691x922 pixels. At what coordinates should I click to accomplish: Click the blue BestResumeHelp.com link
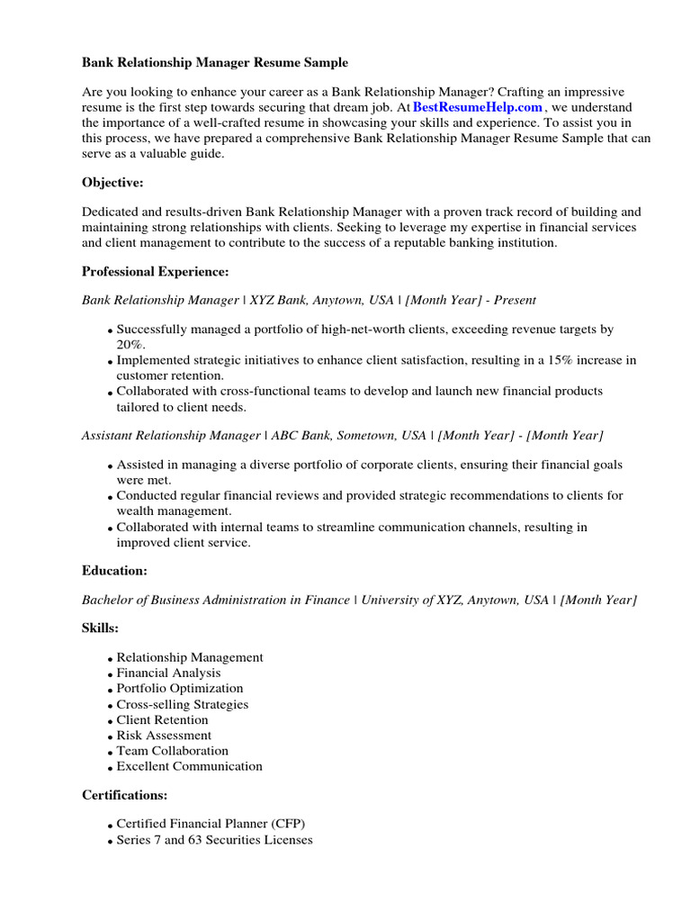tap(478, 108)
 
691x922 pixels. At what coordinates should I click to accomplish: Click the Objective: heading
tap(112, 183)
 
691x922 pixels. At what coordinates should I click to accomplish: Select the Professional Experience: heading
tap(155, 271)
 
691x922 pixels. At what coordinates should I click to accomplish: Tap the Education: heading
tap(114, 571)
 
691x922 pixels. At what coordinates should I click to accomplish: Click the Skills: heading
tap(100, 628)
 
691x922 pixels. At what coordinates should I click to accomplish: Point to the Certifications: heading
tap(124, 795)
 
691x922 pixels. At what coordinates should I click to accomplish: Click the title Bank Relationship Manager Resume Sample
tap(214, 63)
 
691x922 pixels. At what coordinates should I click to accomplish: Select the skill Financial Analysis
tap(168, 673)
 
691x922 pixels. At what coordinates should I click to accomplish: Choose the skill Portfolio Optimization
tap(180, 689)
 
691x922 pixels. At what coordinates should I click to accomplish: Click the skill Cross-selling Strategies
tap(183, 705)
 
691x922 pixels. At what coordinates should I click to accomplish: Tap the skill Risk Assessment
tap(163, 736)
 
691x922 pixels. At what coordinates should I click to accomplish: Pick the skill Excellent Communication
tap(190, 767)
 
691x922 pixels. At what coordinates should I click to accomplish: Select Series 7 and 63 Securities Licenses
tap(215, 840)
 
